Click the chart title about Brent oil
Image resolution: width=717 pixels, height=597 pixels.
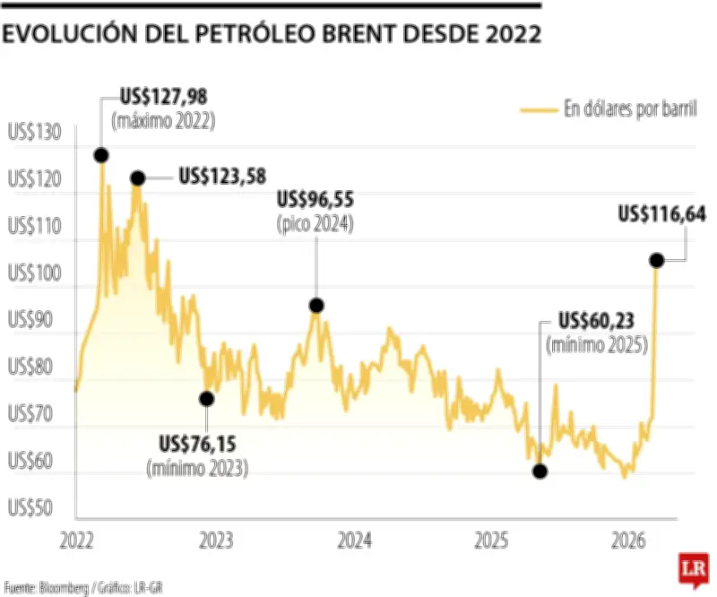tap(272, 35)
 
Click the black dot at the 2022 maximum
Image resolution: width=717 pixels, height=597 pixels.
tap(101, 154)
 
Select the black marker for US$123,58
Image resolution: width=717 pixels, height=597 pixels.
tap(137, 178)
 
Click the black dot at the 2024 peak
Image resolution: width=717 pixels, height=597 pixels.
tap(315, 306)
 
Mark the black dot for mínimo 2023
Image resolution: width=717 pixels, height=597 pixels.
tap(207, 399)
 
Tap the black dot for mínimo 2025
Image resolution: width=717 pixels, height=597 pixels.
tap(539, 471)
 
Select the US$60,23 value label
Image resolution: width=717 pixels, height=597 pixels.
tap(596, 321)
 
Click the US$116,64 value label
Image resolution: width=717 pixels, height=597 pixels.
tap(662, 213)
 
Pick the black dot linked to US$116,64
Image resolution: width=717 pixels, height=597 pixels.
tap(656, 260)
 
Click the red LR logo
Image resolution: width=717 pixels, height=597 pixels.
tap(691, 571)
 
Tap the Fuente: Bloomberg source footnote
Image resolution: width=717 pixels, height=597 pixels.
tap(85, 588)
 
